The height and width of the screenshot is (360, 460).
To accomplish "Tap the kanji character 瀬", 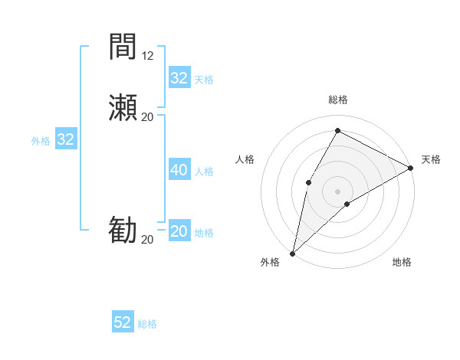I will pos(123,106).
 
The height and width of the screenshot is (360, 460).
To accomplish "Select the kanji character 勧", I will pos(123,230).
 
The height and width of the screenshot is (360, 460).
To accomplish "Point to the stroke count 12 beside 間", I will pos(147,56).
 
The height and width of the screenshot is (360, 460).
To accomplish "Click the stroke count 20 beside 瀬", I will pos(147,116).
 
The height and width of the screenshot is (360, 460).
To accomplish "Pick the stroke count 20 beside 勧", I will pos(147,240).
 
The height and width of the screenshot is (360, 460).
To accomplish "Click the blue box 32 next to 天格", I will pos(179,78).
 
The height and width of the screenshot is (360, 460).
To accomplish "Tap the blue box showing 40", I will pos(179,170).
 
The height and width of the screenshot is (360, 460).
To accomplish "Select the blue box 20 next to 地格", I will pos(179,231).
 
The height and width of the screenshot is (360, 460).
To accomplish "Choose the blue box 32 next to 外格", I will pos(65,139).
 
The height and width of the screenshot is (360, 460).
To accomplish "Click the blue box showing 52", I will pos(123,322).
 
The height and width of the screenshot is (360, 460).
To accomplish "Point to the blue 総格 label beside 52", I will pos(147,324).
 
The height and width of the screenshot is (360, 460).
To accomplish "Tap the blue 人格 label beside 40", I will pos(205,172).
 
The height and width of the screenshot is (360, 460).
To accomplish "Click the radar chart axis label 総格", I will pos(337,100).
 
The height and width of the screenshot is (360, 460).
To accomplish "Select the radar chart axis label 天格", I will pos(431,159).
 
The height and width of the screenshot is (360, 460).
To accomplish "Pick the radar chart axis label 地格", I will pos(402,262).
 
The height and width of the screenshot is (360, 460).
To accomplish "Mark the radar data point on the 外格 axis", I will pos(292,253).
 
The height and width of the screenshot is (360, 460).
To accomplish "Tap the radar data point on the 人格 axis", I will pos(308,182).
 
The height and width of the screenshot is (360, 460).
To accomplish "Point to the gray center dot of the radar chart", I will pos(337,191).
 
